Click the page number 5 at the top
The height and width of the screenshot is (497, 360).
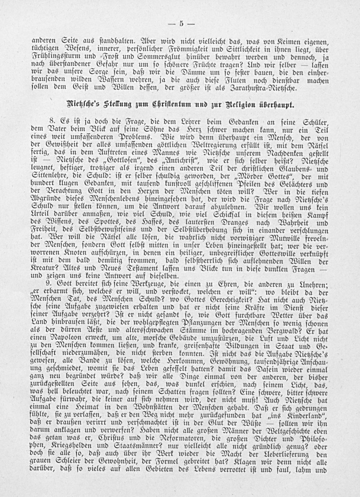click(181, 24)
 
